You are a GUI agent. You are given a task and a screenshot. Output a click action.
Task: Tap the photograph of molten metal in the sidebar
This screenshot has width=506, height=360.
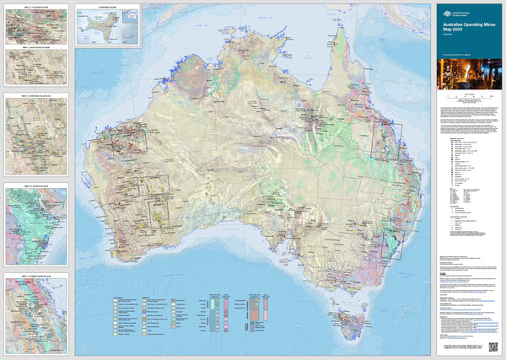[x=466, y=78]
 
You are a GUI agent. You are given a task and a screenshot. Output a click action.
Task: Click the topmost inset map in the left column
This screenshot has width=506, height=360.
[x=37, y=26]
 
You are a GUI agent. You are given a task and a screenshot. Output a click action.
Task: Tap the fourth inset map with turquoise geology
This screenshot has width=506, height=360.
[x=36, y=220]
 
